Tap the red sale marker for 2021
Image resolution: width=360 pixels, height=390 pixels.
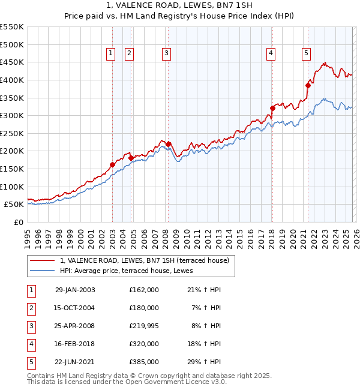pyautogui.click(x=308, y=85)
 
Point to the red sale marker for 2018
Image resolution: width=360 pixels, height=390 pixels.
pyautogui.click(x=272, y=108)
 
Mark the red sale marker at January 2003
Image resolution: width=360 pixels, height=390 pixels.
pyautogui.click(x=112, y=164)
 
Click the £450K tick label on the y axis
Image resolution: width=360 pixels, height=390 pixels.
pyautogui.click(x=12, y=62)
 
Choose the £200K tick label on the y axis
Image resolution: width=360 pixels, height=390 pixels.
pyautogui.click(x=12, y=151)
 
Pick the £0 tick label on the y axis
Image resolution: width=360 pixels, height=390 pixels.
pyautogui.click(x=19, y=222)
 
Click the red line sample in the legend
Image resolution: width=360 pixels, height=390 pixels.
pyautogui.click(x=43, y=261)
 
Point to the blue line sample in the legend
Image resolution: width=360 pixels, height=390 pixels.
pyautogui.click(x=43, y=271)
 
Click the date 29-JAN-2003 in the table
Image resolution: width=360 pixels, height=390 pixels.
pyautogui.click(x=75, y=290)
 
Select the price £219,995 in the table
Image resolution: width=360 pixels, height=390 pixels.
pyautogui.click(x=144, y=326)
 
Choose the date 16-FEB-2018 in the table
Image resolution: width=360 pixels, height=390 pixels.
pyautogui.click(x=75, y=344)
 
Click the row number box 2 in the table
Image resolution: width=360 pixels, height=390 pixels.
pyautogui.click(x=31, y=308)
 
